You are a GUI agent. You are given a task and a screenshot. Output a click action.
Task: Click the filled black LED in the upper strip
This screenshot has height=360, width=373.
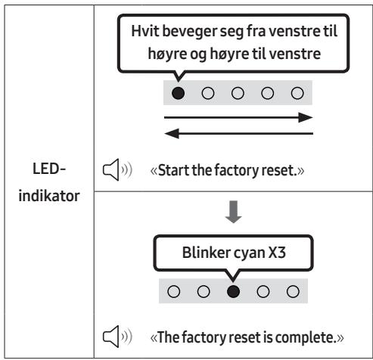point(178,93)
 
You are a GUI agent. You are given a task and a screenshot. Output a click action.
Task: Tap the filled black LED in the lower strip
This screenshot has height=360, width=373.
point(233,291)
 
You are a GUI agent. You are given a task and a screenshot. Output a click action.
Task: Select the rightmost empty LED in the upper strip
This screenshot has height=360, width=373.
point(297,93)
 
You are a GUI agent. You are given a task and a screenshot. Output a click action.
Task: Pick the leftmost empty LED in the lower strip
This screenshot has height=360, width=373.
point(174,291)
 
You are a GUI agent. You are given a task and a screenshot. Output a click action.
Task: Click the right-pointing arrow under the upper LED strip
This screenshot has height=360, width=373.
point(238,117)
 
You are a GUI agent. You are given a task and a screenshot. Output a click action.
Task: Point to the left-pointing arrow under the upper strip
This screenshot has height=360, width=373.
point(238,134)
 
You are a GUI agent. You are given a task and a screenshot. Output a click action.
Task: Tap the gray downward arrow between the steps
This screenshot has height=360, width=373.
point(234,212)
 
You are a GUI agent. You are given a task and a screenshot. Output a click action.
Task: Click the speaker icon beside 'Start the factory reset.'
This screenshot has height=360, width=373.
point(117,169)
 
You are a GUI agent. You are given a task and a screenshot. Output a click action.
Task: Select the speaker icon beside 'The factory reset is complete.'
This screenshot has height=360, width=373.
point(117,337)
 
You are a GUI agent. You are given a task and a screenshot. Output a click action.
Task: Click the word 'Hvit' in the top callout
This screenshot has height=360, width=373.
point(145,31)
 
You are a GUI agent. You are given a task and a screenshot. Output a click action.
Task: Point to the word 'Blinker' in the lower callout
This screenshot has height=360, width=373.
point(207,253)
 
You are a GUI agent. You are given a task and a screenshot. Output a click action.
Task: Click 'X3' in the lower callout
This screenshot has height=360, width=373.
point(277,253)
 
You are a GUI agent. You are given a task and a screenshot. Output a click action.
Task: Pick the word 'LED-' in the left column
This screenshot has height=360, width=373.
point(49,169)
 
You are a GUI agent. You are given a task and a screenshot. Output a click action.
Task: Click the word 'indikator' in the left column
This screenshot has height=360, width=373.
point(49,196)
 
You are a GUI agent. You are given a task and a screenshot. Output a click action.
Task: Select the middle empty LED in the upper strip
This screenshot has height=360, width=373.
point(238,93)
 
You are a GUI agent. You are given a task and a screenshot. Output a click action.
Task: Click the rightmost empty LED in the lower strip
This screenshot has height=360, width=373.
point(293,291)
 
